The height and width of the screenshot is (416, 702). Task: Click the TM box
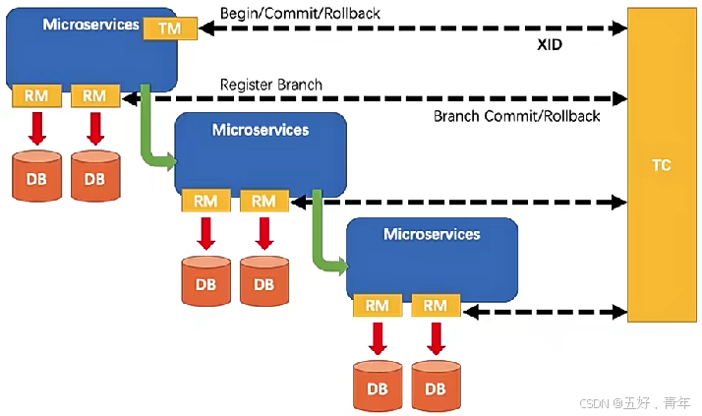coord(170,29)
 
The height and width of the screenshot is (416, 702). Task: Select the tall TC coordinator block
coord(662,165)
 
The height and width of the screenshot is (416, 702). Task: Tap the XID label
coord(550,44)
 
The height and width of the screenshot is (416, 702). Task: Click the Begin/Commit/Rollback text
coord(300,14)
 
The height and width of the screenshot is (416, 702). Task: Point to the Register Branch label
coord(270,85)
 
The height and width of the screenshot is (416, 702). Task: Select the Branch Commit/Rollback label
coord(516,116)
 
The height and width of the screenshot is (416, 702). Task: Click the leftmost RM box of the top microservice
coord(36,95)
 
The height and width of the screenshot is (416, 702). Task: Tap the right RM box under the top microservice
coord(95,95)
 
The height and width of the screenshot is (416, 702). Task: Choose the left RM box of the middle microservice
coord(205,201)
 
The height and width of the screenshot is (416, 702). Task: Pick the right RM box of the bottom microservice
coord(436,306)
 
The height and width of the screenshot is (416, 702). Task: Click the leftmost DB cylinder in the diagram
coord(36,176)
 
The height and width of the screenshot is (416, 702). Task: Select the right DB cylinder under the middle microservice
coord(264,281)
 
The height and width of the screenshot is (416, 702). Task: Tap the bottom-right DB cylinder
coord(436,386)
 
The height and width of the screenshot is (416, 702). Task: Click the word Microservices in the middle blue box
coord(261,130)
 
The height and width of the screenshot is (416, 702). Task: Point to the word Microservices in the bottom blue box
coord(432,234)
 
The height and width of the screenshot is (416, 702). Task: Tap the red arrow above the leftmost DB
coord(36,129)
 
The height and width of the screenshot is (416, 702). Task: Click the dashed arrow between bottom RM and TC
coord(545,312)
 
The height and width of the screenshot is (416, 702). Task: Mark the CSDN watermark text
coord(635,403)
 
